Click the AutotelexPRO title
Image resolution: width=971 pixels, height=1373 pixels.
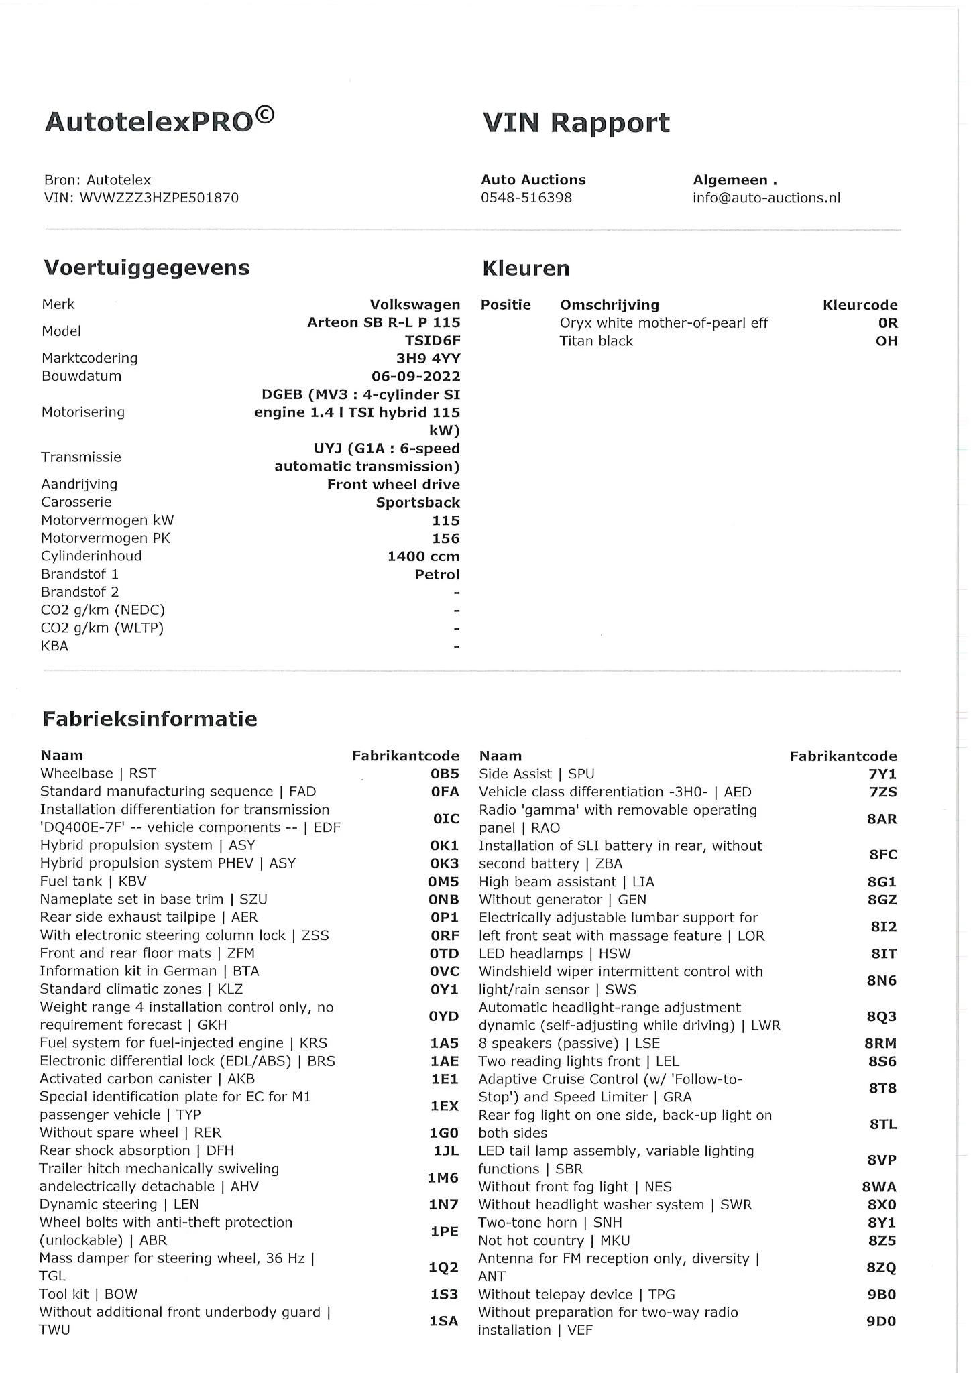159,121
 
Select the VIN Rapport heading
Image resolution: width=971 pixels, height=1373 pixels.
576,123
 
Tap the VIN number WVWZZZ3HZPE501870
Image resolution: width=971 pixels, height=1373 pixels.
159,198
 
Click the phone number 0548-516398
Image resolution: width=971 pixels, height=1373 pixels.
526,198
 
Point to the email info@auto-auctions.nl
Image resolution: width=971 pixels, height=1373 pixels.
766,198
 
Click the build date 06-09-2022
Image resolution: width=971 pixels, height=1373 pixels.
416,376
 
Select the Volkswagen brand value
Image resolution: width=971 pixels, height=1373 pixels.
415,304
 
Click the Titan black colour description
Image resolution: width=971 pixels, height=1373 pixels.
596,341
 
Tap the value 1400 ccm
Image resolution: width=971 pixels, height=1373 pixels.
423,556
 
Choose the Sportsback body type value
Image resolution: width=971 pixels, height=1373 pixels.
418,503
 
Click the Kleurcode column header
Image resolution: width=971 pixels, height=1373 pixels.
860,305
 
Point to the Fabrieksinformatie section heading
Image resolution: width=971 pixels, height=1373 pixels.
150,719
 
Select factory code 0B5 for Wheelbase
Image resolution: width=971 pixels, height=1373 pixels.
445,774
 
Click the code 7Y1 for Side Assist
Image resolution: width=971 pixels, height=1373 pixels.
882,774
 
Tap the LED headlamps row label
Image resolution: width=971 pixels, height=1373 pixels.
555,953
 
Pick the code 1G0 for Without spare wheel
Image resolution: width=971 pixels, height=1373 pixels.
444,1133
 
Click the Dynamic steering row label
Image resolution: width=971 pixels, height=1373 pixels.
119,1205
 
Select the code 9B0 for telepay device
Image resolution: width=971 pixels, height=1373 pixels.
882,1295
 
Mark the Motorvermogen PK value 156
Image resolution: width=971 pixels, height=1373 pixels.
446,538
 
